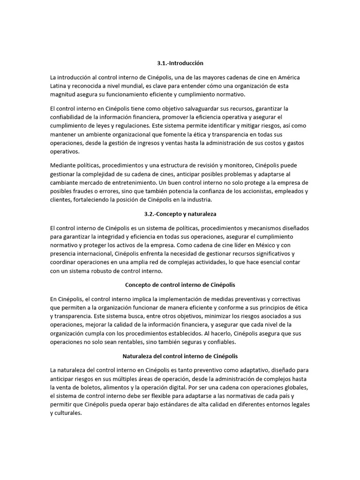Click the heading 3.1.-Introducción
point(180,63)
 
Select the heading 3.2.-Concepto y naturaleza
point(180,214)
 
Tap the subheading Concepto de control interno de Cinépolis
point(180,285)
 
